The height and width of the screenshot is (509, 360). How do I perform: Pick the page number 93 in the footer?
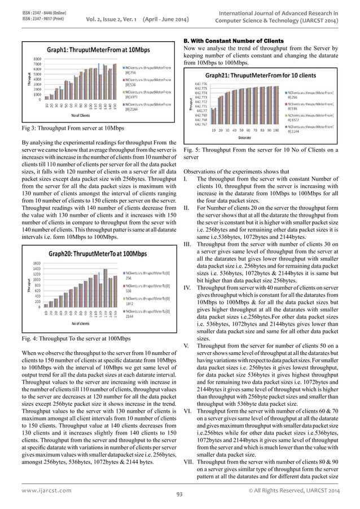180,494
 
